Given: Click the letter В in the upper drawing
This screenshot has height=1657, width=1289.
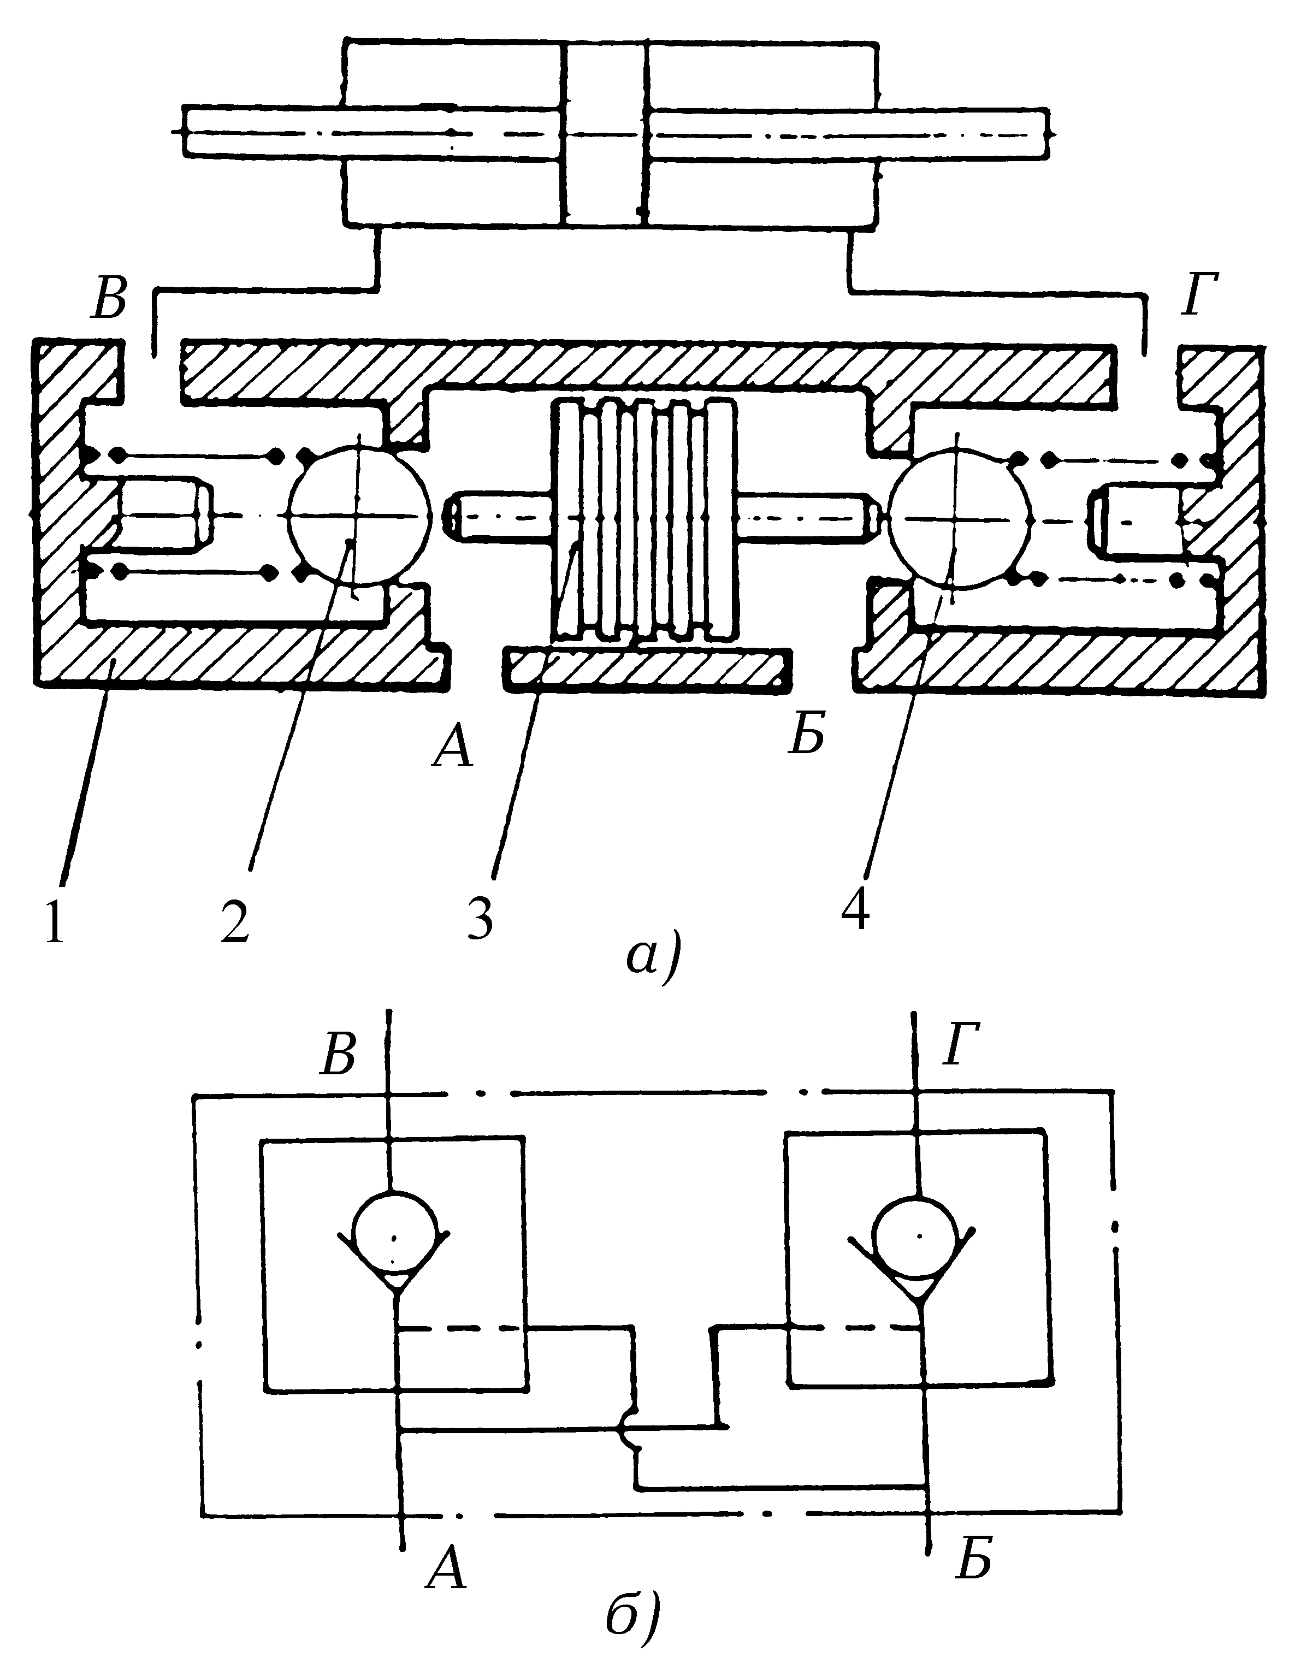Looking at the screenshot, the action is pos(109,303).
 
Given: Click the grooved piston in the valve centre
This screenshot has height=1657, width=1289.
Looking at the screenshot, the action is pos(645,518).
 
